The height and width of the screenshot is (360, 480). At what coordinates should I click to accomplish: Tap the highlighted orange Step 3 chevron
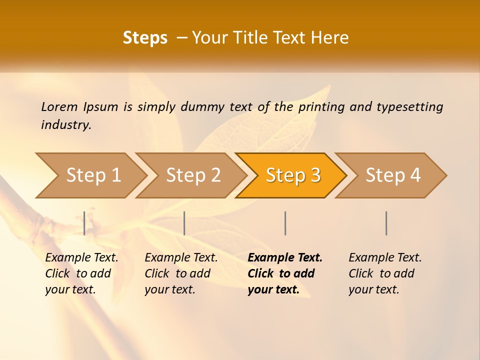pos(293,175)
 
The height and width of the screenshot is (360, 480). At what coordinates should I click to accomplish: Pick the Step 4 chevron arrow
pos(393,175)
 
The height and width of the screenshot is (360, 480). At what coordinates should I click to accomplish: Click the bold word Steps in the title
pos(145,38)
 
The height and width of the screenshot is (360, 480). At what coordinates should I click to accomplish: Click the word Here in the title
pos(329,38)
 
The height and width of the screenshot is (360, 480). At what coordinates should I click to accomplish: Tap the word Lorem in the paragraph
pos(59,106)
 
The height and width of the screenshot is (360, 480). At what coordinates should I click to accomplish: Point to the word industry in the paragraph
pos(66,125)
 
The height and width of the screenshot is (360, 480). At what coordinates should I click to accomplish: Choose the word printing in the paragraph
pos(320,107)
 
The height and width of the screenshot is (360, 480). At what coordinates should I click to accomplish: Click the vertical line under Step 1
pos(84,223)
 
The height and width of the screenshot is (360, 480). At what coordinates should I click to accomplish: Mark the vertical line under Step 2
pos(184,223)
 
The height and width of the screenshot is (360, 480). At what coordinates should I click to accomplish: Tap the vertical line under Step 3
pos(285,223)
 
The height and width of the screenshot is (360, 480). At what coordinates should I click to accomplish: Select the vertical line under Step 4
pos(386,223)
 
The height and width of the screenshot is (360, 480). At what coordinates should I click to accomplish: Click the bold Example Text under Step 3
pos(285,257)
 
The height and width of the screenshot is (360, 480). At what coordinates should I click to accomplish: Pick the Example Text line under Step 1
pos(81,257)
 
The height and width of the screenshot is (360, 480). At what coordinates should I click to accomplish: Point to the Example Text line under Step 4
pos(385,257)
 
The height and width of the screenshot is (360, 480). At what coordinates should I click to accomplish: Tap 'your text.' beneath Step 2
pos(169,289)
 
